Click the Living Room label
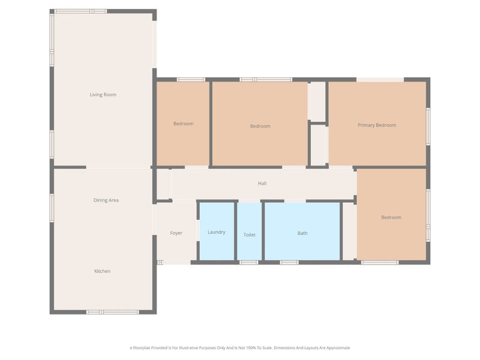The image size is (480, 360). (103, 95)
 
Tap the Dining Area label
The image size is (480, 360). (106, 200)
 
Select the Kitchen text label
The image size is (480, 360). (102, 271)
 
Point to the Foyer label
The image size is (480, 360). (176, 233)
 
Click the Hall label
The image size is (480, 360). (262, 183)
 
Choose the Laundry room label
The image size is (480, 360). (217, 232)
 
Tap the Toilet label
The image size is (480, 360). (250, 235)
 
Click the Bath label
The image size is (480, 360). (302, 233)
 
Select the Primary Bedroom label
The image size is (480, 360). (377, 125)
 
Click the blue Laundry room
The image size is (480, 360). (217, 231)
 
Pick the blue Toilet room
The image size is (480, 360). (250, 231)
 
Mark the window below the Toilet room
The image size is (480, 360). (248, 262)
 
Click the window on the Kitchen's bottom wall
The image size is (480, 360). (112, 312)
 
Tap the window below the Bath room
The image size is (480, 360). (289, 262)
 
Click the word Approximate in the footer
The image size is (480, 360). (338, 348)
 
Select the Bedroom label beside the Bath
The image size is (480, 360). (391, 217)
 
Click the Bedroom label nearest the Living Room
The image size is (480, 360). (184, 124)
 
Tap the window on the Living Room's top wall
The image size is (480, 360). (81, 11)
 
